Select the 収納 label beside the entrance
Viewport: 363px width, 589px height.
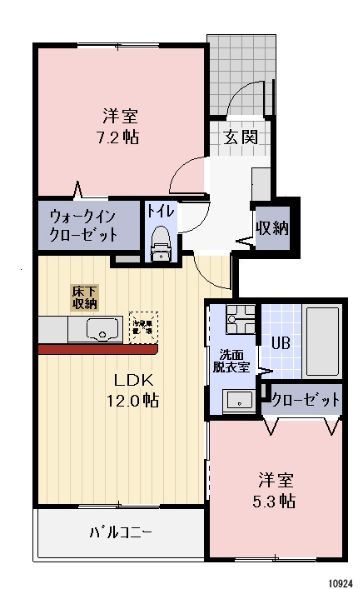pos(272,227)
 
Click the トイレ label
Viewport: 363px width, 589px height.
pos(161,212)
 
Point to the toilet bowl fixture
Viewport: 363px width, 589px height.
pos(161,243)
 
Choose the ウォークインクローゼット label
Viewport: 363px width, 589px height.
pos(84,224)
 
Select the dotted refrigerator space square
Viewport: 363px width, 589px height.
pos(143,327)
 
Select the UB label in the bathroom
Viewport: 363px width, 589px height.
pos(281,342)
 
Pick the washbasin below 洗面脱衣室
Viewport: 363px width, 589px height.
pos(239,399)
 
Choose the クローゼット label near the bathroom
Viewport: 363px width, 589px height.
pos(306,400)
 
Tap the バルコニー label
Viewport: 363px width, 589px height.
pos(122,532)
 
